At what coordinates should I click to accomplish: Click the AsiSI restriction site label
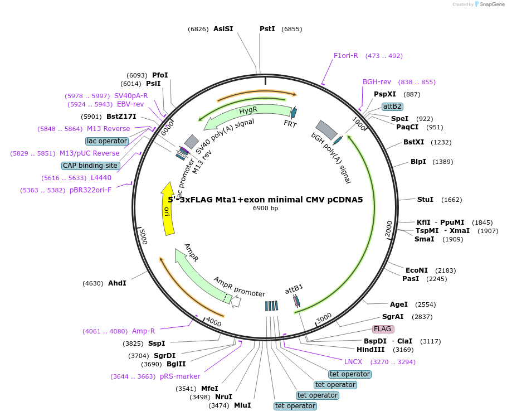(x=223, y=28)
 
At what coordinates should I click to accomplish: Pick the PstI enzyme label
(x=267, y=28)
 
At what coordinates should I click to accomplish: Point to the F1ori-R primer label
(x=346, y=55)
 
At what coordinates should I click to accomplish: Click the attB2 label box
(x=392, y=106)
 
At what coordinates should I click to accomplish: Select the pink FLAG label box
(x=383, y=329)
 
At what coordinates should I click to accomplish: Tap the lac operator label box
(x=107, y=141)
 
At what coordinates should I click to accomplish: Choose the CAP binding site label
(x=90, y=166)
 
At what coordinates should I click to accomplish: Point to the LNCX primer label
(x=353, y=361)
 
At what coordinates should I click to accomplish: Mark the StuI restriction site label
(x=425, y=200)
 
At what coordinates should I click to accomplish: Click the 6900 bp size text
(x=265, y=208)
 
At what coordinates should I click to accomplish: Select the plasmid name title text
(x=265, y=199)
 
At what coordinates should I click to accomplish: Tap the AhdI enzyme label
(x=117, y=283)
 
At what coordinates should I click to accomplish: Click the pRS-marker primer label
(x=180, y=376)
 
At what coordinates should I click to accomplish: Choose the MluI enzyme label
(x=242, y=405)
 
